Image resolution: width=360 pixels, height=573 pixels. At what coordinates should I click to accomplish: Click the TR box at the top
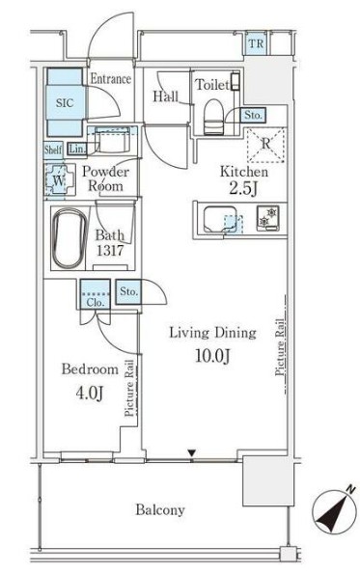coord(256,43)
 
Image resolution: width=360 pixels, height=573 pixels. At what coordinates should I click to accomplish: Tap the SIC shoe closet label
coord(65,102)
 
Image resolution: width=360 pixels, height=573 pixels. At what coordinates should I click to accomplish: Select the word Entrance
coord(111,78)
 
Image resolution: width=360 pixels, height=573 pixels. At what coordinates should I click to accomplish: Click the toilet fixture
coord(213,117)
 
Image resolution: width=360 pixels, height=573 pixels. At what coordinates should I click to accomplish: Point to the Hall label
coord(166,96)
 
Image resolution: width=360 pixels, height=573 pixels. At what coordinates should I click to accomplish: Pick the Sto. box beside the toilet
coord(253,115)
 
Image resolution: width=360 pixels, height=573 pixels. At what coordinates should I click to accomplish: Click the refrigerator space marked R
coord(266,145)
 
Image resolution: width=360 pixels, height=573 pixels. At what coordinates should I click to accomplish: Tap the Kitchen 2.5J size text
coord(244,188)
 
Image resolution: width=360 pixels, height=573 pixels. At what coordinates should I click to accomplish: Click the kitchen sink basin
coord(220,219)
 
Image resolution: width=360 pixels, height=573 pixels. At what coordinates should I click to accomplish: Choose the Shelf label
coord(53,150)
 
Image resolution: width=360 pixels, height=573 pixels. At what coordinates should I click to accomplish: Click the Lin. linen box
coord(77,149)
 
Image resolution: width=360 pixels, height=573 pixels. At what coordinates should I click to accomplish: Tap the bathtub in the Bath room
coord(69,238)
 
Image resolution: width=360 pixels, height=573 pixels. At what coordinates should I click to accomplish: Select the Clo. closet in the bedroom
coord(96,294)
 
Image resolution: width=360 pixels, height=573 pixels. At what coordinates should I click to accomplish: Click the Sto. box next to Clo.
coord(128,291)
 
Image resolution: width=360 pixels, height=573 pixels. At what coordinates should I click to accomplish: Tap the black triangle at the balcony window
coord(191,453)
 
